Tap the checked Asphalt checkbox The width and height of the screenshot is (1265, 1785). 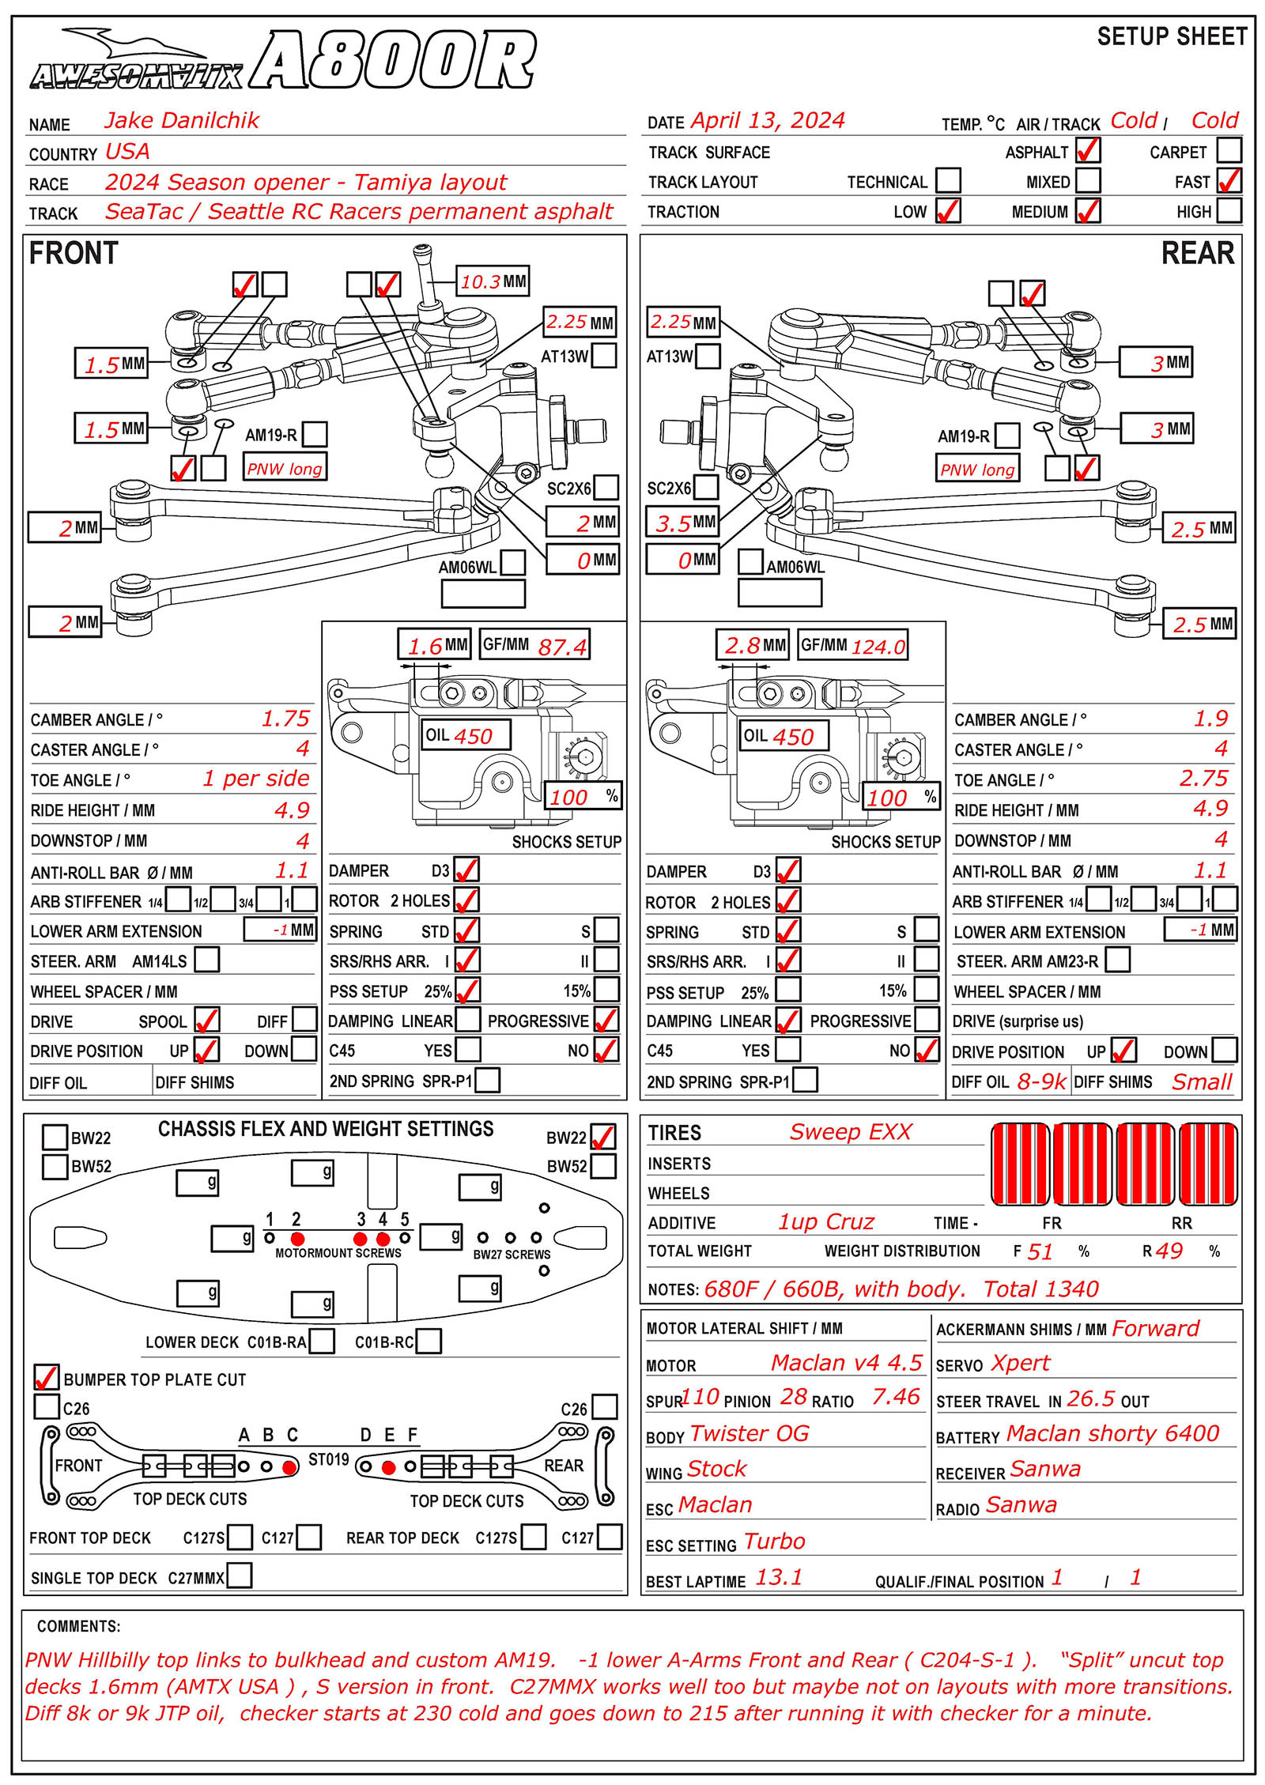coord(1088,150)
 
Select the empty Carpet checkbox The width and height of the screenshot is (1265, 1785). coord(1229,150)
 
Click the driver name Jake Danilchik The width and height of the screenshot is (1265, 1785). coord(181,120)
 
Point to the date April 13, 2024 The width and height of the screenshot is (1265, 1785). coord(767,121)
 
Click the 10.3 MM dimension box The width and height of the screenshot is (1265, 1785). coord(493,281)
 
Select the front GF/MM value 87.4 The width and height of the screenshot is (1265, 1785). coord(562,647)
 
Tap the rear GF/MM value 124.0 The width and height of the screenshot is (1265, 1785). coord(878,647)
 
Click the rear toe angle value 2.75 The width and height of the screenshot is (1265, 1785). coord(1203,779)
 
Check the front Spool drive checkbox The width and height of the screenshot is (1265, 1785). coord(206,1020)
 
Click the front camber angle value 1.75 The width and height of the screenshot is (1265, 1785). coord(285,719)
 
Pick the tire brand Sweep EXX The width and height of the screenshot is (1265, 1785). coord(850,1132)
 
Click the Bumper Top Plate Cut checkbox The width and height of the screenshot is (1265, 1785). coord(47,1377)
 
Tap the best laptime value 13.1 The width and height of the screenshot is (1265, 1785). coord(778,1578)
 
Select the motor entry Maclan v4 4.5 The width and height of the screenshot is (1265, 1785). coord(846,1363)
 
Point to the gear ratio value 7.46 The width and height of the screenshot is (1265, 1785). coord(895,1398)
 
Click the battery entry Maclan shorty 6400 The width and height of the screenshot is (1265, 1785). coord(1112,1434)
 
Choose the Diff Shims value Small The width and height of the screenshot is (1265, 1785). coord(1201,1081)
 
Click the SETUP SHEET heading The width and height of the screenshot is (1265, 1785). coord(1172,36)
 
